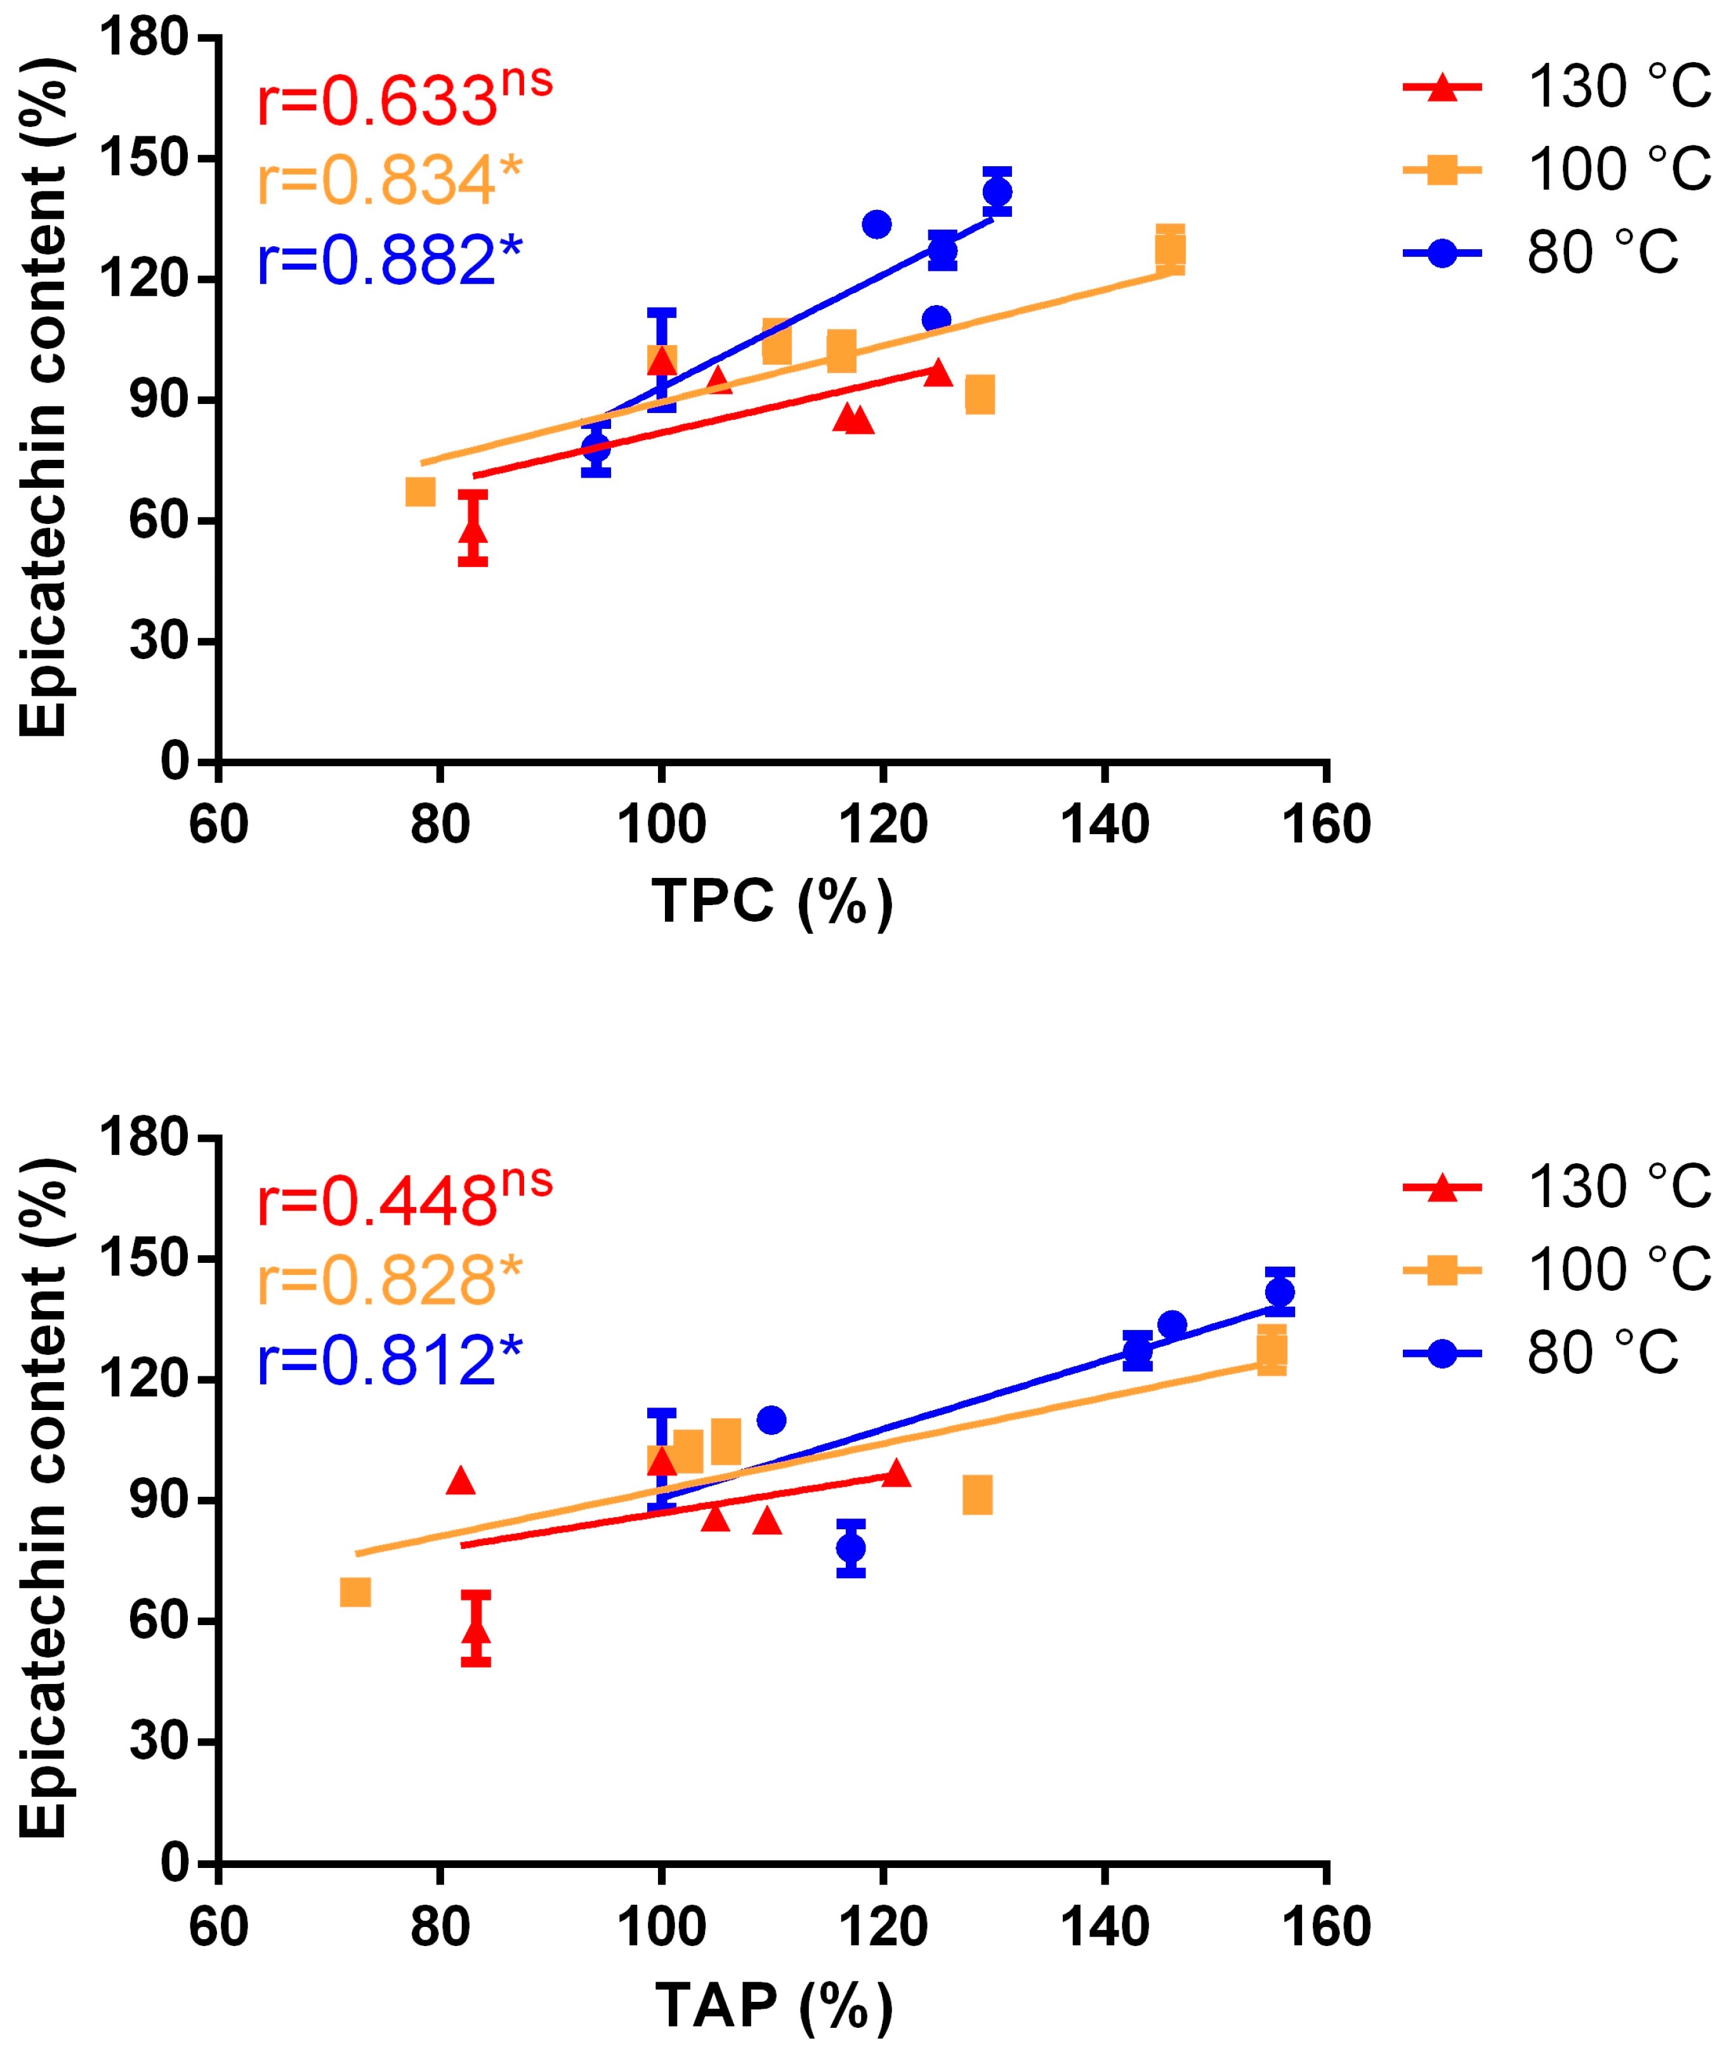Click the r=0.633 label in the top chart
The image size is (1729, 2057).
coord(404,98)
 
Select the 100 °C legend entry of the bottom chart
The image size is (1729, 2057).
coord(1556,1270)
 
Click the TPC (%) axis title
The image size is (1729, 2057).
coord(772,901)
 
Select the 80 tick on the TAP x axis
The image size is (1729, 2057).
coord(440,1927)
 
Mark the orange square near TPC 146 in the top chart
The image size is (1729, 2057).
coord(1169,250)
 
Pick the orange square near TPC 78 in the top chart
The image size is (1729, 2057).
coord(419,491)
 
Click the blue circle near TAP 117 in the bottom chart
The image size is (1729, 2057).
coord(851,1548)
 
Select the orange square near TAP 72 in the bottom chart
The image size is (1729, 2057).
coord(355,1591)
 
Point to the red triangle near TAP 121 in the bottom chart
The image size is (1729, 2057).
coord(896,1473)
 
